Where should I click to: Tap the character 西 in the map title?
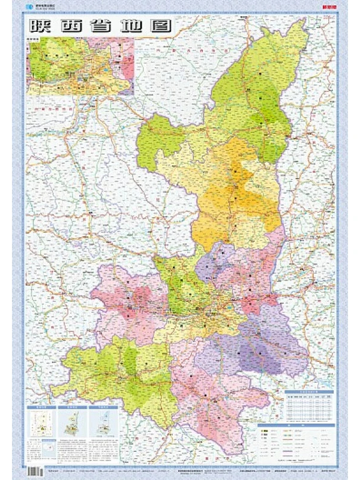click(x=73, y=26)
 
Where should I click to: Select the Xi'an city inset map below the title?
click(x=80, y=66)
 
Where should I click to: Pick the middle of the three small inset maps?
click(x=73, y=422)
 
